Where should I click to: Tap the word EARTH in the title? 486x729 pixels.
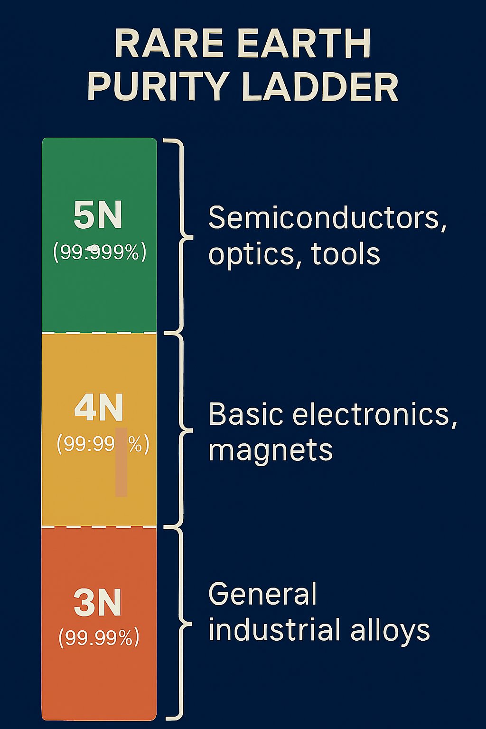pos(304,44)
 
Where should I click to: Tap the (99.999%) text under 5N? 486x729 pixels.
pos(100,252)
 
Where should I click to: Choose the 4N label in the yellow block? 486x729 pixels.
pos(99,408)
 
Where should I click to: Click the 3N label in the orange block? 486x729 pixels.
pos(98,603)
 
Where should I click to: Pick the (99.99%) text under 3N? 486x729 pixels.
pos(99,637)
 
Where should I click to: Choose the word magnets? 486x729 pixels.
pos(271,450)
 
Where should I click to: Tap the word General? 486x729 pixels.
pos(262,594)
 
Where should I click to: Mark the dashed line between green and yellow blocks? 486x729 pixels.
pos(99,333)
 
